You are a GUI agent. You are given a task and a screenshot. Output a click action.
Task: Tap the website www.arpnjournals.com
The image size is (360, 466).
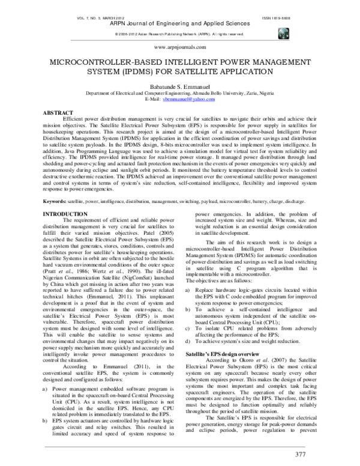pyautogui.click(x=179, y=46)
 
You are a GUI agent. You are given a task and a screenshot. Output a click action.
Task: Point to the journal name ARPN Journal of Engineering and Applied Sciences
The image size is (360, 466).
pyautogui.click(x=179, y=26)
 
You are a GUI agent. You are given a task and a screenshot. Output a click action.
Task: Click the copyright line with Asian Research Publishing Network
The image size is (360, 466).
pyautogui.click(x=179, y=34)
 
